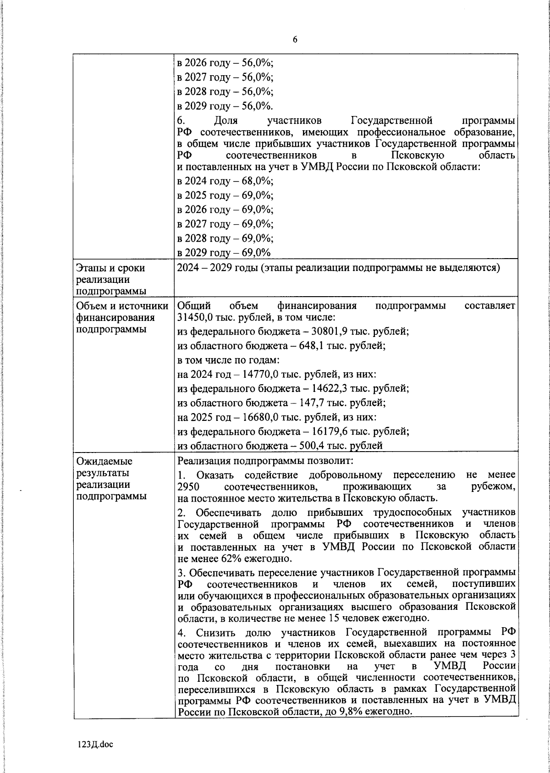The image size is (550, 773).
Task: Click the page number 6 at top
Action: [x=295, y=40]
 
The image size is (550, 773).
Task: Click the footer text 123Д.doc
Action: [x=94, y=744]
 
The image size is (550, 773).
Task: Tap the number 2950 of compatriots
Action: [x=187, y=486]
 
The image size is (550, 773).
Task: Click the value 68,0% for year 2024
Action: [x=257, y=181]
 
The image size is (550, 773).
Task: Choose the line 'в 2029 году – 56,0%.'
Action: [x=225, y=106]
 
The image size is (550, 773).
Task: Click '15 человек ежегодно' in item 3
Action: [x=373, y=618]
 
